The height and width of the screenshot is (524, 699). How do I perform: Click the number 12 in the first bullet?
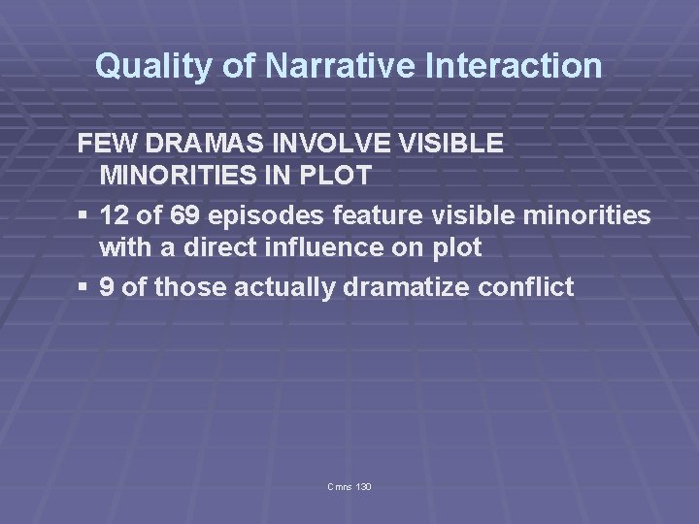(x=114, y=215)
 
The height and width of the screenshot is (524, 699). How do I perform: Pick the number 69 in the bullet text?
(x=182, y=215)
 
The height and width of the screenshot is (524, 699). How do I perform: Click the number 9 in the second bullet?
(x=107, y=287)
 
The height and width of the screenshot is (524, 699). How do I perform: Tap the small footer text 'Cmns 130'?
(x=350, y=485)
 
